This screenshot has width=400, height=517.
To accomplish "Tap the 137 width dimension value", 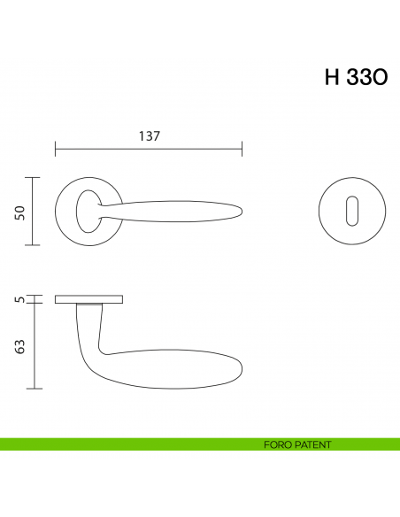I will click(x=149, y=136).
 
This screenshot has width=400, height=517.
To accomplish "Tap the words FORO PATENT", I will click(x=297, y=444).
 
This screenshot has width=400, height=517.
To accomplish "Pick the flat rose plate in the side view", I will click(x=89, y=299).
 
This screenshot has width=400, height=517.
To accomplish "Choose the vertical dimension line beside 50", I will click(x=34, y=212).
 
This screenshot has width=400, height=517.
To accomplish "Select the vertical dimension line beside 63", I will click(x=34, y=346).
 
